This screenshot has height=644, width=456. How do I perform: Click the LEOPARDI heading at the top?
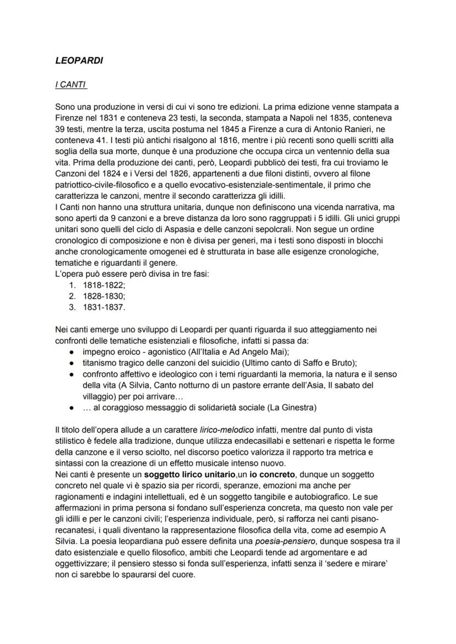pos(79,61)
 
